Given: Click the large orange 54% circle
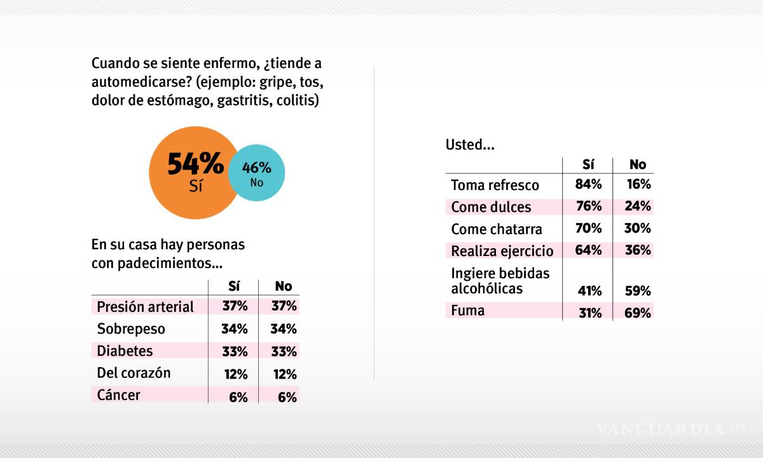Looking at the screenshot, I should [x=191, y=172].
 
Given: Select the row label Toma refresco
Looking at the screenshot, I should [x=495, y=185].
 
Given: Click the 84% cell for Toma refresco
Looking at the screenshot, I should [x=588, y=185].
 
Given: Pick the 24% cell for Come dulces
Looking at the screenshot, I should [x=637, y=206].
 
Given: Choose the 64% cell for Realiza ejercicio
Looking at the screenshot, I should [x=588, y=250].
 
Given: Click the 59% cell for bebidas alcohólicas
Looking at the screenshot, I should [x=637, y=291].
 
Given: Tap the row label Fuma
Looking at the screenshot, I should [x=467, y=311].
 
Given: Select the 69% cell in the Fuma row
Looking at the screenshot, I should [x=637, y=313].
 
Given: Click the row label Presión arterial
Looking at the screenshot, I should [x=145, y=307].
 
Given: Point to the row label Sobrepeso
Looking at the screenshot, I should [x=131, y=328].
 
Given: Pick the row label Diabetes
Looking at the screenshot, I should [x=125, y=350].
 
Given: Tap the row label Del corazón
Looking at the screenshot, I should [x=134, y=373].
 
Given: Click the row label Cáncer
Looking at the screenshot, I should [x=118, y=394].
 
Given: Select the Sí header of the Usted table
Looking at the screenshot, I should [x=588, y=165].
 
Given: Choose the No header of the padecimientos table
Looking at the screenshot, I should [x=283, y=286].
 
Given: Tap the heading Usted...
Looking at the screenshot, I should [x=469, y=144].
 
